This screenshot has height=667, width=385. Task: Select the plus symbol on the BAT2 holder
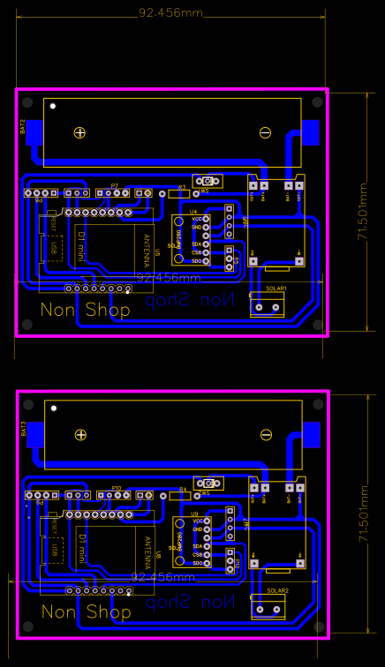[x=79, y=132]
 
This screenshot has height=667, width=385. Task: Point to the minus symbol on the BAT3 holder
[x=265, y=434]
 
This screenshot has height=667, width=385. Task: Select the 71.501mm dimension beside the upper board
[x=362, y=211]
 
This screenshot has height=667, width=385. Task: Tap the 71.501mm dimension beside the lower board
[x=362, y=513]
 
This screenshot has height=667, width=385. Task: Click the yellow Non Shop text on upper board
[x=85, y=310]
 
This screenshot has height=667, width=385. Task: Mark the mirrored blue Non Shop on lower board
[x=192, y=603]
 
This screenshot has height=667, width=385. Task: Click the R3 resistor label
[x=182, y=187]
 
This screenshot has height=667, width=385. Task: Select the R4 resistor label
[x=183, y=489]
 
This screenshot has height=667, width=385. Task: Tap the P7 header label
[x=114, y=185]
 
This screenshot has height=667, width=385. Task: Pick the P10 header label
[x=116, y=487]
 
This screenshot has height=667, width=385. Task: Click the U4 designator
[x=193, y=212]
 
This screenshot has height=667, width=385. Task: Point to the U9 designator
[x=193, y=513]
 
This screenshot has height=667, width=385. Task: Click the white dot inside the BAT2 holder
[x=53, y=106]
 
